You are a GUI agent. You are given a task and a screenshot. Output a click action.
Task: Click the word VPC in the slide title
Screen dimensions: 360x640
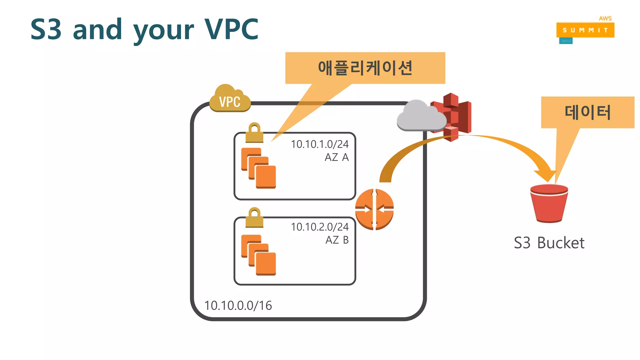[231, 29]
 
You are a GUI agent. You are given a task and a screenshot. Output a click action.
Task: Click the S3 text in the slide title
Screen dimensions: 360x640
[46, 29]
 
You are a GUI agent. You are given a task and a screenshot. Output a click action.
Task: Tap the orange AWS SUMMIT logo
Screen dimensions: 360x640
[585, 30]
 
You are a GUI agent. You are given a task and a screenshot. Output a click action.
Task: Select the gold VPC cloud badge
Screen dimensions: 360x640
[230, 99]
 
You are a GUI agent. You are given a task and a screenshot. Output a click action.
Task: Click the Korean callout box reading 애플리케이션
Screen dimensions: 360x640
[365, 68]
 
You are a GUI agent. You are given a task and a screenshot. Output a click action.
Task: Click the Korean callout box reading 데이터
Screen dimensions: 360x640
[587, 112]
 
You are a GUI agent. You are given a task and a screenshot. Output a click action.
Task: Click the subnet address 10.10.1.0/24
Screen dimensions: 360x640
[319, 144]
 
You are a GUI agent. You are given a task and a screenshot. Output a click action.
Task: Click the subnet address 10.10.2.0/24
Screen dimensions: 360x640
[319, 227]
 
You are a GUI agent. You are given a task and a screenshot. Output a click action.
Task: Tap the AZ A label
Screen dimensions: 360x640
[336, 157]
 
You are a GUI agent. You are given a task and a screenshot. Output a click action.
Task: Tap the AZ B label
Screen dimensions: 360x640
[337, 240]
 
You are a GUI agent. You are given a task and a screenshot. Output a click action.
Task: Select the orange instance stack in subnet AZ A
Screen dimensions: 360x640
[258, 168]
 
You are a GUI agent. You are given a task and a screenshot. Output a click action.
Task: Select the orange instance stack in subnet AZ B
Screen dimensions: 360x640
[258, 255]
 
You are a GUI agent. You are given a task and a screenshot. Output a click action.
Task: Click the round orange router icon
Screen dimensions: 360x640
[374, 209]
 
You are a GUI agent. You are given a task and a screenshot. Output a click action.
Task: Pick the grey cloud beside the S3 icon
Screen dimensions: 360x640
[420, 116]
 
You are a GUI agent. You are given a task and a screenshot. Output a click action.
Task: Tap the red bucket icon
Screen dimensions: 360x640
[549, 203]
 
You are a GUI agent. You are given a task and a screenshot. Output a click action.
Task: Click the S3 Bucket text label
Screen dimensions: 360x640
[549, 243]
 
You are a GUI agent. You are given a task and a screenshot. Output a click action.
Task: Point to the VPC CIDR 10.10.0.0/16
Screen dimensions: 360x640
[238, 305]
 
